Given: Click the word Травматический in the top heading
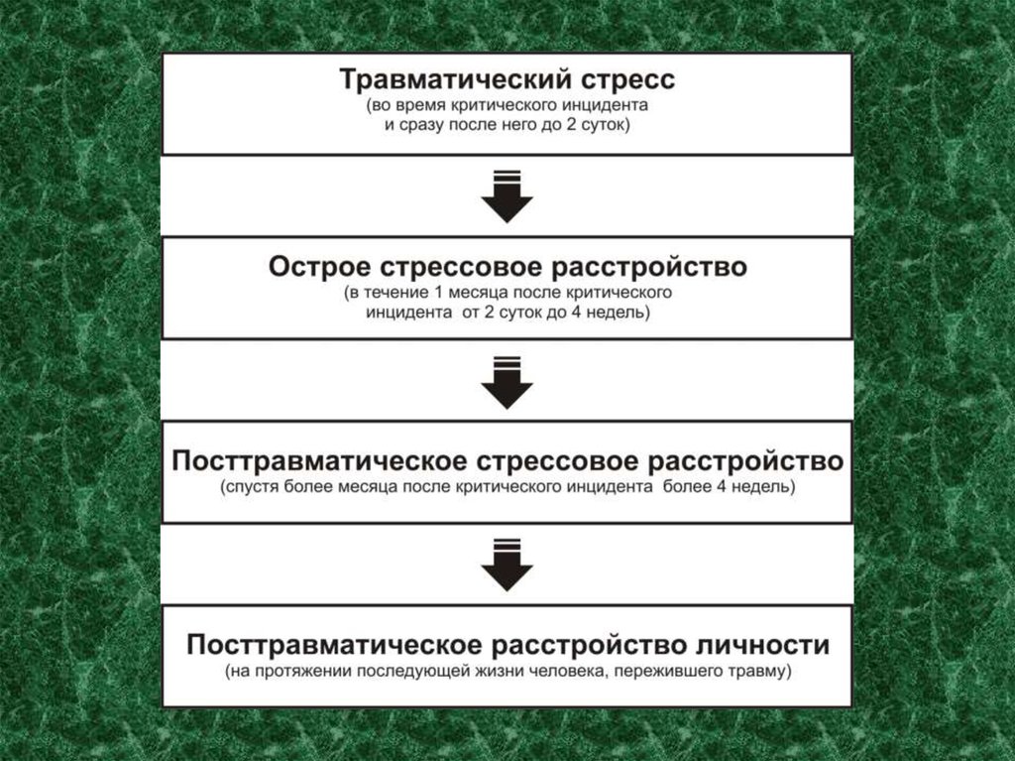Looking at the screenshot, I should tap(440, 78).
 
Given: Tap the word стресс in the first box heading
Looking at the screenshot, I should tap(613, 78).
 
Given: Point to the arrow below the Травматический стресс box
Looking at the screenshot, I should tap(507, 195).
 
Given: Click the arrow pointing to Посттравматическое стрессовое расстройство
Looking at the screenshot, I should tap(507, 380).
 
